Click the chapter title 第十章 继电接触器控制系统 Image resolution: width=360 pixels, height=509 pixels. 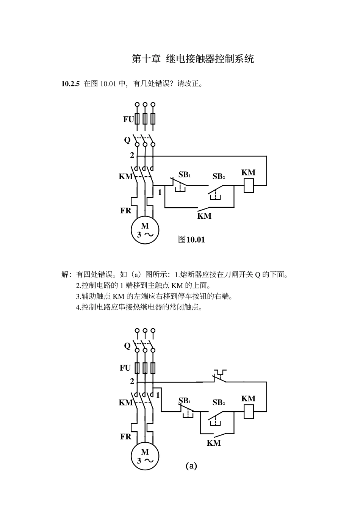pyautogui.click(x=193, y=59)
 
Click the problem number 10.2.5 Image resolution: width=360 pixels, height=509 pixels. pyautogui.click(x=70, y=84)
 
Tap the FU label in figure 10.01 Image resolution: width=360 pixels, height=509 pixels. pyautogui.click(x=128, y=119)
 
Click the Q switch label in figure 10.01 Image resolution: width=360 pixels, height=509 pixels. pyautogui.click(x=127, y=140)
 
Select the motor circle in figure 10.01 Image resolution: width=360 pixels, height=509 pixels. pyautogui.click(x=145, y=230)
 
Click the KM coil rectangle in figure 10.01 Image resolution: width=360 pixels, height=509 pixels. pyautogui.click(x=249, y=185)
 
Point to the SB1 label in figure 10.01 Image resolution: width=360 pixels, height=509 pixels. pyautogui.click(x=185, y=175)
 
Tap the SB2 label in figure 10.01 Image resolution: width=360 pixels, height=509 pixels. pyautogui.click(x=219, y=176)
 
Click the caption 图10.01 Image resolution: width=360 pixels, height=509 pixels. pyautogui.click(x=191, y=239)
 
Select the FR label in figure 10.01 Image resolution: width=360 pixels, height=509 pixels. pyautogui.click(x=126, y=210)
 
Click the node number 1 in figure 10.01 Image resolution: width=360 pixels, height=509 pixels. pyautogui.click(x=160, y=192)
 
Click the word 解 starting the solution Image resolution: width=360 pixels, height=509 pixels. pyautogui.click(x=65, y=274)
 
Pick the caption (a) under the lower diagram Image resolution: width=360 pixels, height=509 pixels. pyautogui.click(x=191, y=466)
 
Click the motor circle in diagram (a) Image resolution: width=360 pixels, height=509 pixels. pyautogui.click(x=145, y=456)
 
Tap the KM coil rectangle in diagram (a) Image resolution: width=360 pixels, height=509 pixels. pyautogui.click(x=249, y=412)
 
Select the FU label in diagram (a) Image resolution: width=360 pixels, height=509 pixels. pyautogui.click(x=125, y=368)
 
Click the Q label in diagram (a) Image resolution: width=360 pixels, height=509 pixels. pyautogui.click(x=127, y=346)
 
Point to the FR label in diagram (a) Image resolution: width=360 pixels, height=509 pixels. pyautogui.click(x=126, y=437)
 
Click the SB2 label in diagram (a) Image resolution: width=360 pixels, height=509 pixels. pyautogui.click(x=219, y=403)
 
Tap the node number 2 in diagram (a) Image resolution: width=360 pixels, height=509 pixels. pyautogui.click(x=132, y=381)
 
